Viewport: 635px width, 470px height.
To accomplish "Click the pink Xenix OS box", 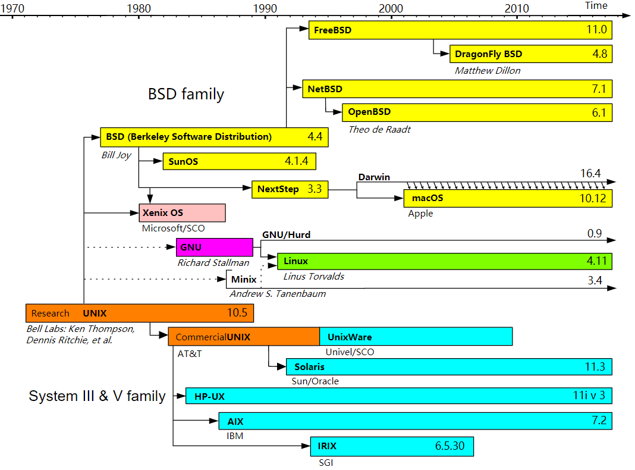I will click(182, 213).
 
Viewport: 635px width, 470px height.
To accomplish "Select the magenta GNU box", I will click(215, 247).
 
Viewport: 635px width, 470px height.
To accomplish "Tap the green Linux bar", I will click(444, 261).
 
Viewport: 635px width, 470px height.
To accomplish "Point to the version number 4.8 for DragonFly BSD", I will click(600, 54).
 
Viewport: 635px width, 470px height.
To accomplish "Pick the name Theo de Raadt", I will click(379, 129).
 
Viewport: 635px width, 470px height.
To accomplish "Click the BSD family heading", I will click(186, 94).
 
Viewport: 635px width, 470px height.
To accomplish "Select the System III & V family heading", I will click(97, 396).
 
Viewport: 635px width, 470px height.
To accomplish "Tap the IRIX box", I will click(391, 446).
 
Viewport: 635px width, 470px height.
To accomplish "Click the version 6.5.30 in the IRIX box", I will click(449, 446).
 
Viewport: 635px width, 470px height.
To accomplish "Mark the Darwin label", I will click(373, 177).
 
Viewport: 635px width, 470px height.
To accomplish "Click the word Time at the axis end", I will click(596, 5).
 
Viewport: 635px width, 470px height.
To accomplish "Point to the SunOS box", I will click(239, 161).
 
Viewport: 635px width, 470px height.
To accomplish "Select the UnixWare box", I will click(416, 337).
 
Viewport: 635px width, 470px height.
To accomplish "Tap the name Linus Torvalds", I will click(313, 276).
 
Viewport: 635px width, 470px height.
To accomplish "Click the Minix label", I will click(244, 279).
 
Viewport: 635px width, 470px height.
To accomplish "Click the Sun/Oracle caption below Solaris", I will click(315, 381).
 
